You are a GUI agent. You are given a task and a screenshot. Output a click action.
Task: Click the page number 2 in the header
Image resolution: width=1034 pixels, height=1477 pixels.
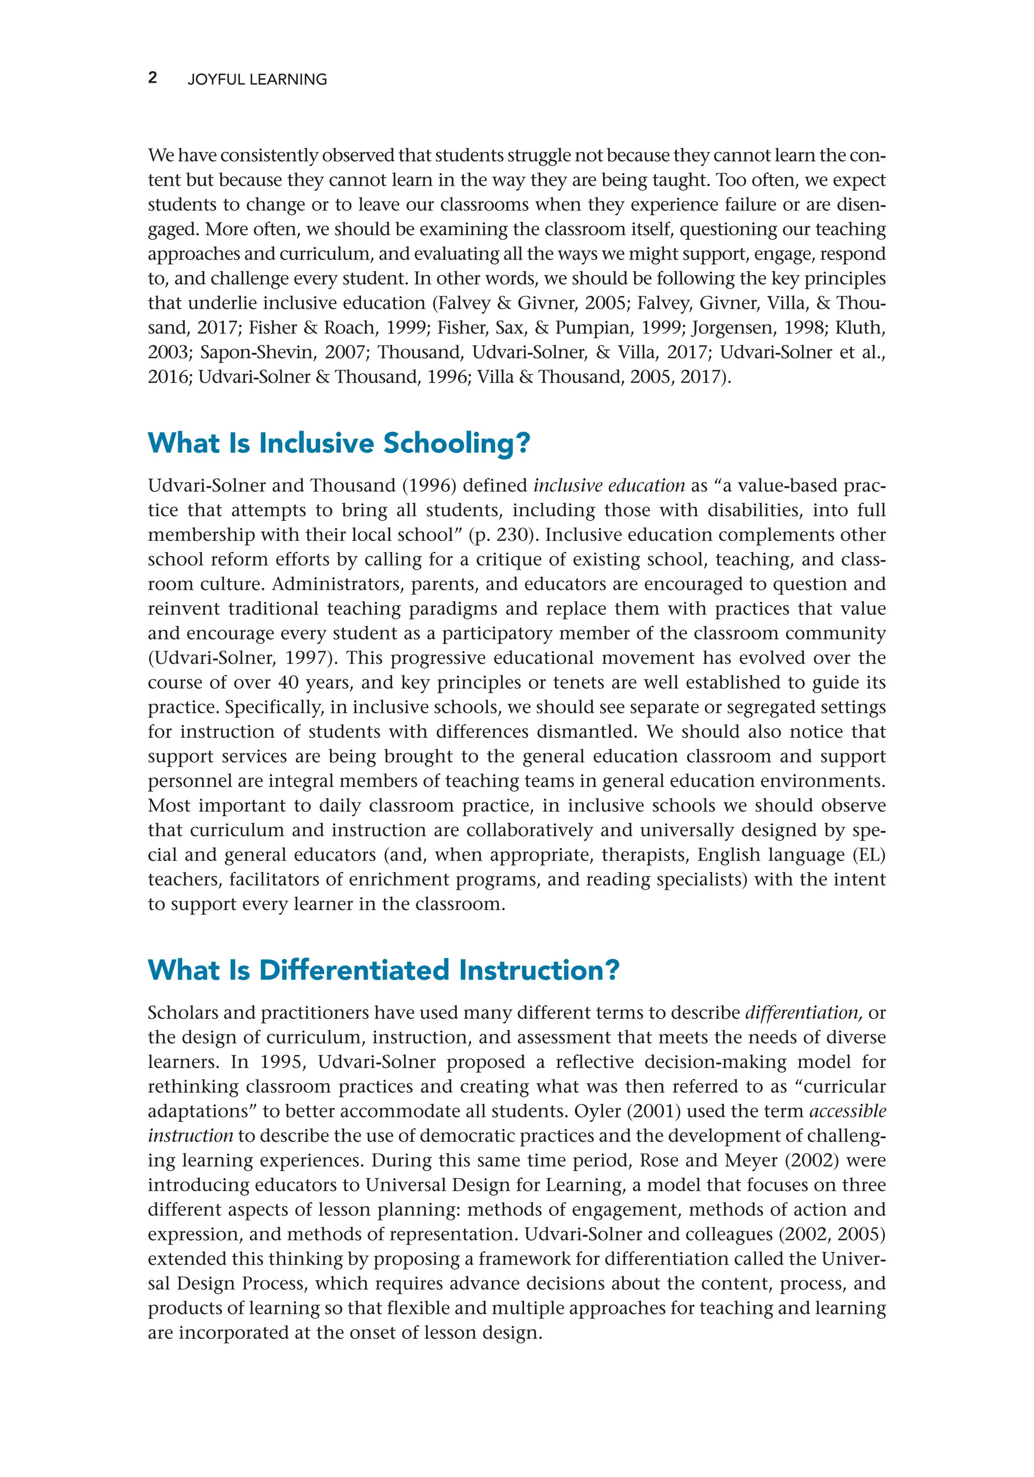[152, 78]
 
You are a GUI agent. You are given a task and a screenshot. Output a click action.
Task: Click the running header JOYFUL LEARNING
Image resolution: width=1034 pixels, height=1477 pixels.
[256, 79]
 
